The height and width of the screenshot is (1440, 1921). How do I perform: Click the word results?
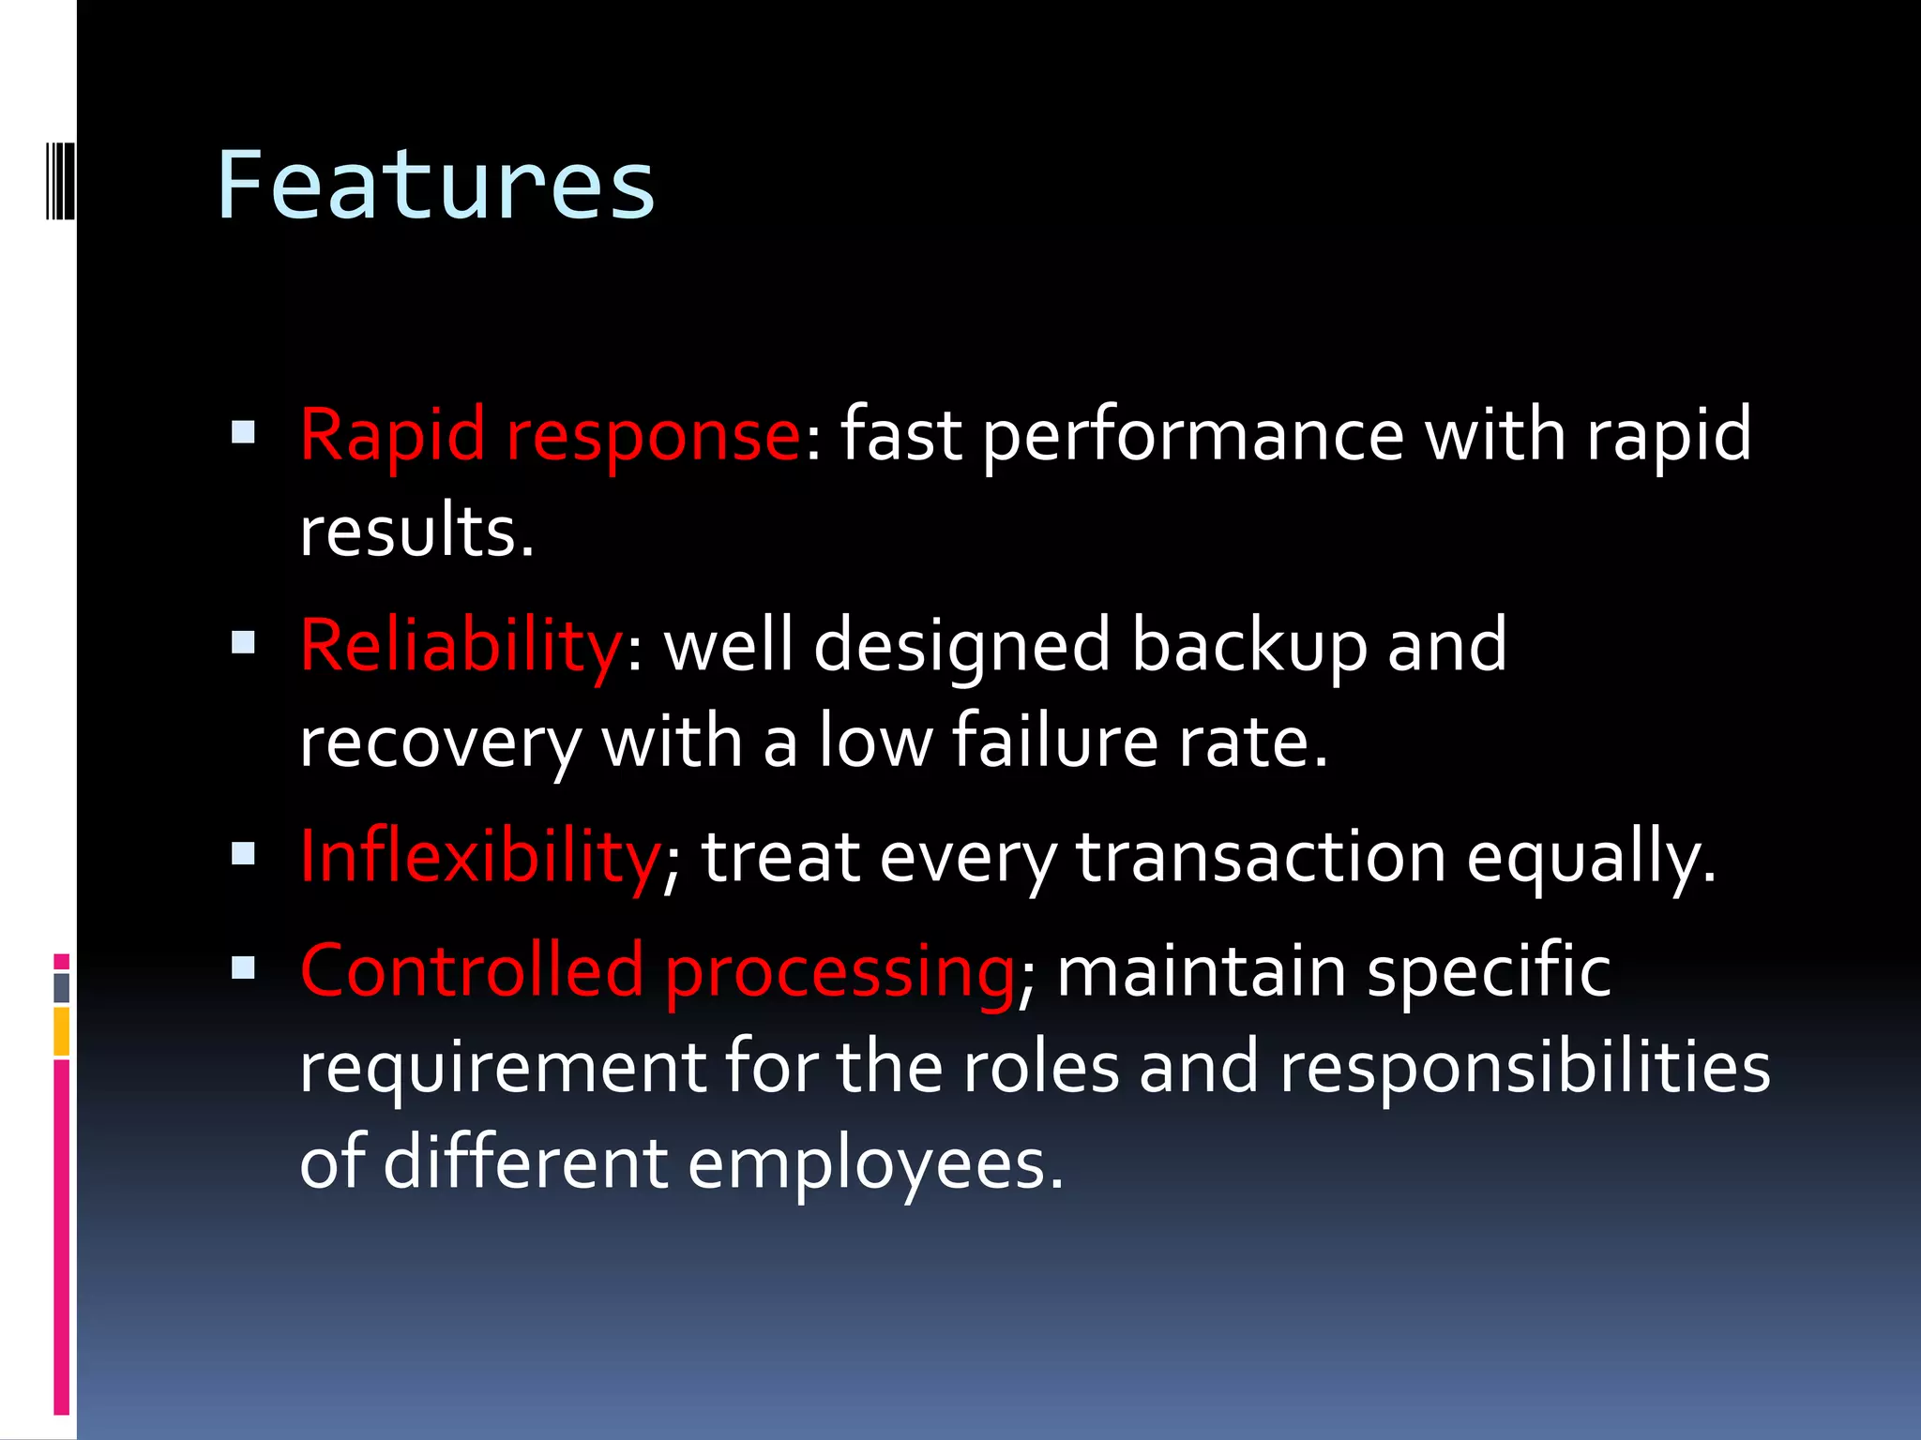pyautogui.click(x=416, y=532)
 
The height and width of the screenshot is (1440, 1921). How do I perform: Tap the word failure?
pyautogui.click(x=1055, y=742)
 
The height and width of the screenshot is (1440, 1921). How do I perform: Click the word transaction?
pyautogui.click(x=1261, y=857)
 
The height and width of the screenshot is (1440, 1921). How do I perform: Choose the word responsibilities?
pyautogui.click(x=1525, y=1068)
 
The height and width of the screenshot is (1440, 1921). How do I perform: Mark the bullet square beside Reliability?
pyautogui.click(x=243, y=642)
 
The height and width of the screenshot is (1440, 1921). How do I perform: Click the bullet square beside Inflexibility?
pyautogui.click(x=243, y=853)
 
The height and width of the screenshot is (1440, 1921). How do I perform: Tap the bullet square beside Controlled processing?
pyautogui.click(x=243, y=967)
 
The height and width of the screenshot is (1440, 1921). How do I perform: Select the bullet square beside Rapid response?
pyautogui.click(x=243, y=431)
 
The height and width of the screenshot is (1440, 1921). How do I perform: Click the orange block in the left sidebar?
pyautogui.click(x=61, y=1031)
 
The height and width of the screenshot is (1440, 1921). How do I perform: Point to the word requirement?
pyautogui.click(x=502, y=1070)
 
